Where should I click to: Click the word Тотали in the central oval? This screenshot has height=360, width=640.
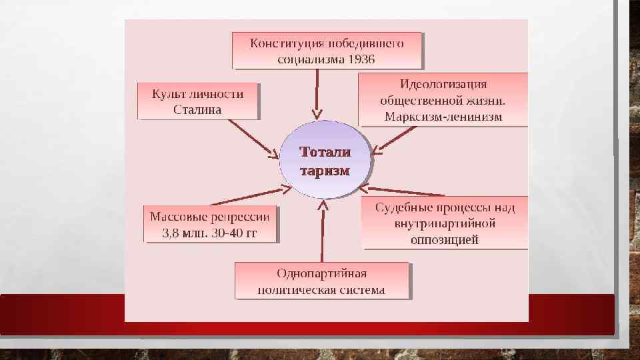[x=325, y=153]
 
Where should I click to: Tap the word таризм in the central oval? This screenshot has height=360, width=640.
[x=325, y=171]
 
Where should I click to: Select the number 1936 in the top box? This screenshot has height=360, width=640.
[x=361, y=59]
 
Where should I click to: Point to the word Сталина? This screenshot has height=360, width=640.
[x=197, y=109]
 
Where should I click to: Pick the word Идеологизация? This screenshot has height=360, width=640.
[x=443, y=85]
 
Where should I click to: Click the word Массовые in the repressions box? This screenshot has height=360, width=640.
[x=176, y=217]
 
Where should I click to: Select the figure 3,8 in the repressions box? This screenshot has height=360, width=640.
[x=171, y=233]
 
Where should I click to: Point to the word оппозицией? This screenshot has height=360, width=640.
[x=445, y=239]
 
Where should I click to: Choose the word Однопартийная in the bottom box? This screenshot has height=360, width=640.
[x=321, y=274]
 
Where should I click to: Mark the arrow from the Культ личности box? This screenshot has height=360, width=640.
[x=253, y=139]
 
